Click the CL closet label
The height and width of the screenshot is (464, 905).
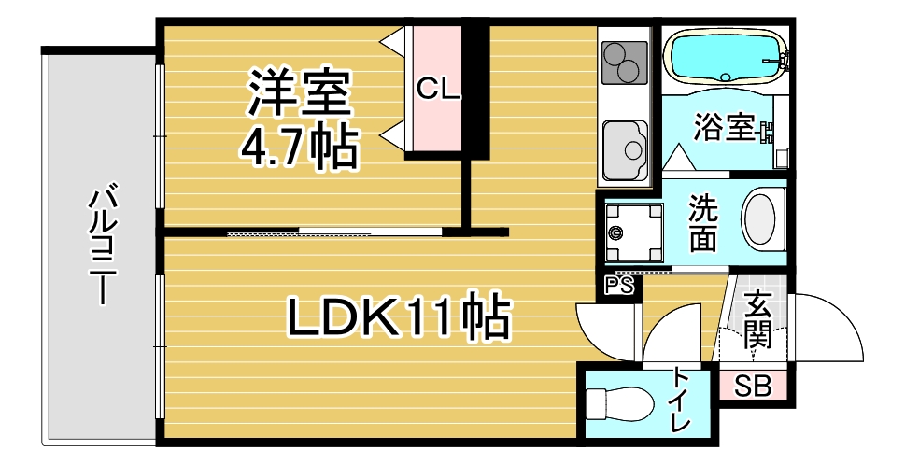[437, 90]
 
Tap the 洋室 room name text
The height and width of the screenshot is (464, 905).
[300, 92]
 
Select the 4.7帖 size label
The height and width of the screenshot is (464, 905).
[299, 148]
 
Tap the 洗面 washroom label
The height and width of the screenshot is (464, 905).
[703, 223]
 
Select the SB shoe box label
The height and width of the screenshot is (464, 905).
[753, 387]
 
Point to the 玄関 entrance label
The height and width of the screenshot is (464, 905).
[757, 319]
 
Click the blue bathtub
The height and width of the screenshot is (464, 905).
[725, 57]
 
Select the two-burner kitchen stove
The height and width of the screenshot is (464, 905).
[624, 63]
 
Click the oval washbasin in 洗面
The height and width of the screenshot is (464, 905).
[759, 220]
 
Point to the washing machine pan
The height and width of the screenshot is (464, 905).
[633, 232]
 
